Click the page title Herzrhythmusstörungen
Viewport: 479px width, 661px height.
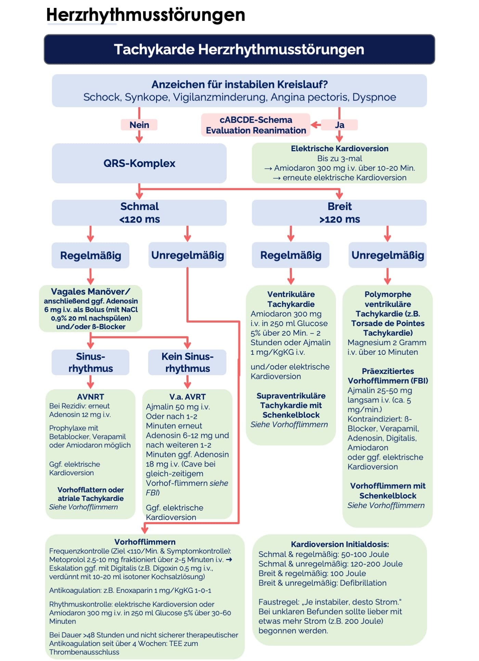pyautogui.click(x=146, y=15)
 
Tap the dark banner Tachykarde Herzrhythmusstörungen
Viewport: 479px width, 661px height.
pyautogui.click(x=239, y=49)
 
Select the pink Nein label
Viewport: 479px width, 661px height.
pyautogui.click(x=139, y=125)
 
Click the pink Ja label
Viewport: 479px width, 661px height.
pyautogui.click(x=339, y=125)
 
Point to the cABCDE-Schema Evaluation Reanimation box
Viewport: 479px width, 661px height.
pyautogui.click(x=256, y=125)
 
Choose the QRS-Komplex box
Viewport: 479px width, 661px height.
pyautogui.click(x=139, y=163)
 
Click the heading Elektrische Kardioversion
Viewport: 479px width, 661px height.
pyautogui.click(x=339, y=148)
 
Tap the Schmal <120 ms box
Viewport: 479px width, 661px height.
pyautogui.click(x=139, y=212)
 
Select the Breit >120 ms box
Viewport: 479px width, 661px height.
pyautogui.click(x=339, y=212)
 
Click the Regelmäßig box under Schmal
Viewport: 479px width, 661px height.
pyautogui.click(x=90, y=256)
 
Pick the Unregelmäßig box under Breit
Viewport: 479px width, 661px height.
pyautogui.click(x=387, y=255)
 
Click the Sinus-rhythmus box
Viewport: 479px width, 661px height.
pyautogui.click(x=90, y=362)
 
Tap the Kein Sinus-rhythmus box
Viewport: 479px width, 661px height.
pyautogui.click(x=187, y=362)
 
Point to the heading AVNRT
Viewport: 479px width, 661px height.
pyautogui.click(x=90, y=397)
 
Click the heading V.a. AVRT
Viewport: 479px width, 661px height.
pyautogui.click(x=187, y=397)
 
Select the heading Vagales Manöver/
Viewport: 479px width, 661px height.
pyautogui.click(x=90, y=291)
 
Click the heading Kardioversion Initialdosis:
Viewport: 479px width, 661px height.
pyautogui.click(x=340, y=544)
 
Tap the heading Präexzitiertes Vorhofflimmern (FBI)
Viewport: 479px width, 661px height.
pyautogui.click(x=388, y=376)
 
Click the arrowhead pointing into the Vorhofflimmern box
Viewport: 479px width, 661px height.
pyautogui.click(x=145, y=531)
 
